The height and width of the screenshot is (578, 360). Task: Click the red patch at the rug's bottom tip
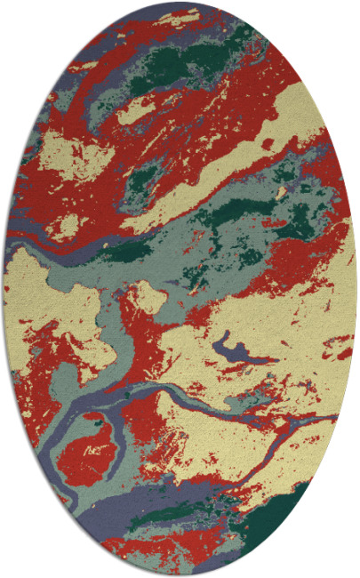tap(178, 560)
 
